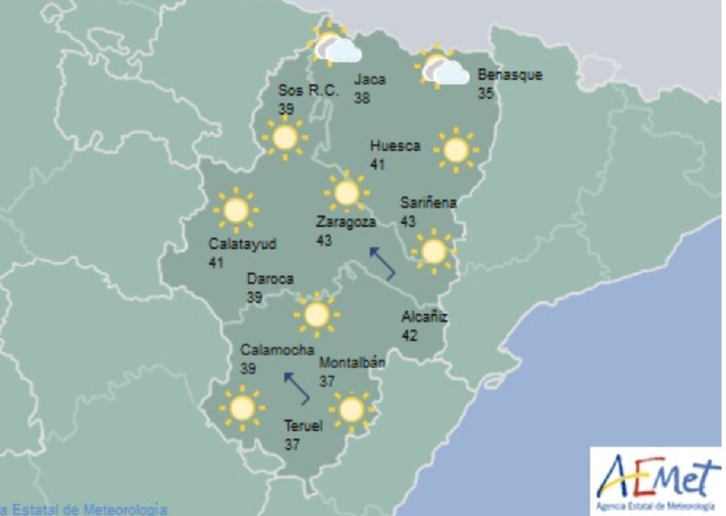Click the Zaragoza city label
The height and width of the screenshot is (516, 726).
point(346,222)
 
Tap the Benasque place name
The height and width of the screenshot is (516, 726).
point(510,75)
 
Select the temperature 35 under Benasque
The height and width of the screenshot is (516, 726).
point(485,93)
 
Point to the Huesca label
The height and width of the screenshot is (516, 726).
point(395,146)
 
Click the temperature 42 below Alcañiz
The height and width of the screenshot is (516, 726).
point(409,335)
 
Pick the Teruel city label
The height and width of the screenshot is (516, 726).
point(303,425)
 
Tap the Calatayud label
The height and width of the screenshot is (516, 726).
point(242,244)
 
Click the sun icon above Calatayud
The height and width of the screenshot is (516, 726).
point(235,210)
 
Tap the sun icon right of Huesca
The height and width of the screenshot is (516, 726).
point(456,150)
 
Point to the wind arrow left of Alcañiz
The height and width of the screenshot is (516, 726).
point(382,263)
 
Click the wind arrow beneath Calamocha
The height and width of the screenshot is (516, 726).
point(296,388)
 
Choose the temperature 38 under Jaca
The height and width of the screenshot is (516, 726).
point(362,98)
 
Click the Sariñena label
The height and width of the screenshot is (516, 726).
point(428,202)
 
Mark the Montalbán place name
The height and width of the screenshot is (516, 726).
point(352,363)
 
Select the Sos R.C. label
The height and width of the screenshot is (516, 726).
point(309,91)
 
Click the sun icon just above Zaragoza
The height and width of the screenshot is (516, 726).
point(346,192)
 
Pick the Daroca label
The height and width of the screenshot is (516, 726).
point(270,278)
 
